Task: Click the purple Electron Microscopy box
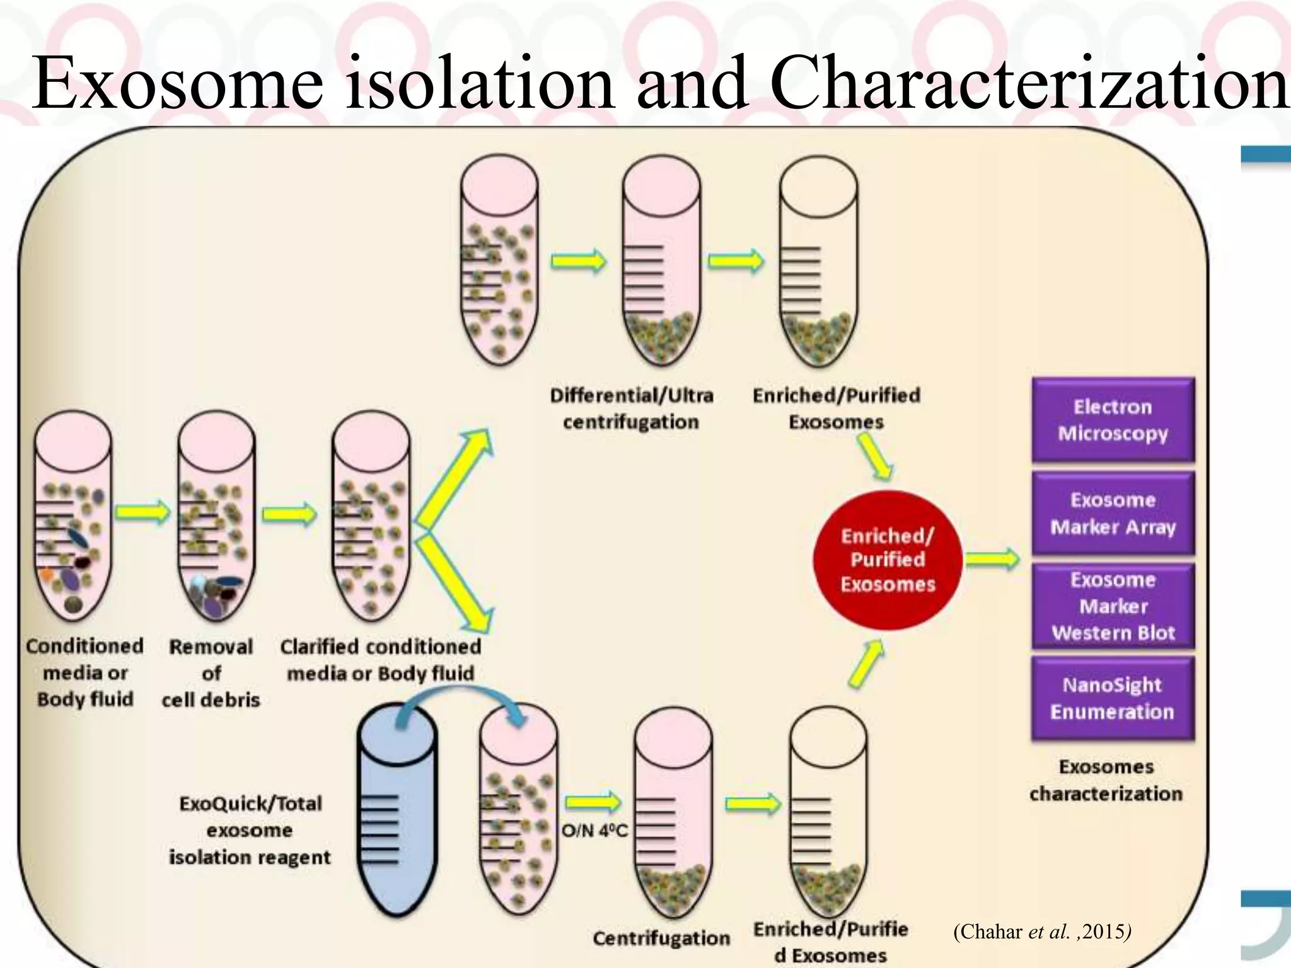tap(1113, 420)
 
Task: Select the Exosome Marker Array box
tap(1113, 513)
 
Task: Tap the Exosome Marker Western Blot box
tap(1113, 606)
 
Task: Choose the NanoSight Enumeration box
tap(1113, 698)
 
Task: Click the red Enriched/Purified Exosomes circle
tap(888, 560)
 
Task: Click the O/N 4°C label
tap(594, 831)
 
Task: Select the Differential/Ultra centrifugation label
tap(631, 408)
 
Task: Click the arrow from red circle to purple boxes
tap(992, 559)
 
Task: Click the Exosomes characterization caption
tap(1106, 780)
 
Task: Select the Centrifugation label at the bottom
tap(661, 938)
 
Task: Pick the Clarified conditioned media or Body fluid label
tap(380, 660)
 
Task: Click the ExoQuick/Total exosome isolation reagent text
tap(250, 830)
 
